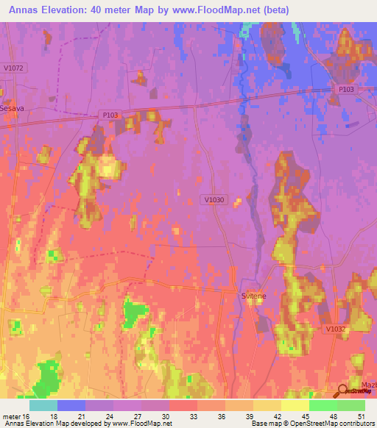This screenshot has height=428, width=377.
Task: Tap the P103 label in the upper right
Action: click(346, 89)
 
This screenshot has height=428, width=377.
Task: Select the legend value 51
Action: click(361, 415)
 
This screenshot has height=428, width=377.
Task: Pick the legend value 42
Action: click(277, 415)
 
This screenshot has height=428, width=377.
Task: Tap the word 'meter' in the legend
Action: click(10, 415)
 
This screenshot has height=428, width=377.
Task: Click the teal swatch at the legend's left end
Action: click(43, 405)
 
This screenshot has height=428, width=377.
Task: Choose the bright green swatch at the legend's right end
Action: click(351, 405)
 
